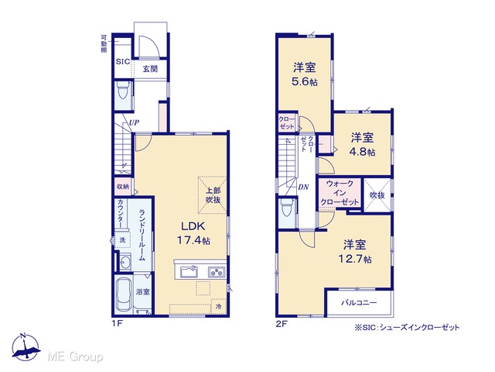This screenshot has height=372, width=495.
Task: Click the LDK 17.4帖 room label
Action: coord(193,233)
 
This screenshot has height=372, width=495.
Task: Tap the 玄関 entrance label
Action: coord(150,69)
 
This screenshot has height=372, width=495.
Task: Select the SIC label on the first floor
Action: coord(122,61)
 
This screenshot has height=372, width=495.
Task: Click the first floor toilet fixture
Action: coord(123,90)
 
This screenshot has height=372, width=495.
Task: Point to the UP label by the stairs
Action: coord(134,122)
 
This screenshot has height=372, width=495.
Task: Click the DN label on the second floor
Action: coord(303,187)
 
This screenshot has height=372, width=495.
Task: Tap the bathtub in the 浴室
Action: coord(124,295)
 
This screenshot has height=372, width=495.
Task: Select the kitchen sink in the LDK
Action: coord(189,272)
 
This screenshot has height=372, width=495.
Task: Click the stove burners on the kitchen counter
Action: coord(217,272)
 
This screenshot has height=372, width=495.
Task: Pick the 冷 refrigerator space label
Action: coord(218,306)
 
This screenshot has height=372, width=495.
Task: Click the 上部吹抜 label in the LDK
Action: coord(213,195)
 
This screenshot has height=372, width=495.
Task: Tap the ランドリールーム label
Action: coord(142,235)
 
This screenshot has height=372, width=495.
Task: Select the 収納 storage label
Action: coord(123,187)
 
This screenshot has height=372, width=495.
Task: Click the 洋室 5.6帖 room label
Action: coord(304,74)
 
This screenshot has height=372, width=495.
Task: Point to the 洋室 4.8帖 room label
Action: coord(362,145)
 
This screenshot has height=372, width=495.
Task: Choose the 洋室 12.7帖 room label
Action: coord(355,252)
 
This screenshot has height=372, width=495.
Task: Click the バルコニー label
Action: coord(359,303)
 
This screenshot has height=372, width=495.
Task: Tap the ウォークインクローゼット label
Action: coord(340,193)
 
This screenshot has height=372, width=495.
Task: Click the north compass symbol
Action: coord(26,347)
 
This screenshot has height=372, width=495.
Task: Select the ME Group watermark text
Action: coord(76,357)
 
